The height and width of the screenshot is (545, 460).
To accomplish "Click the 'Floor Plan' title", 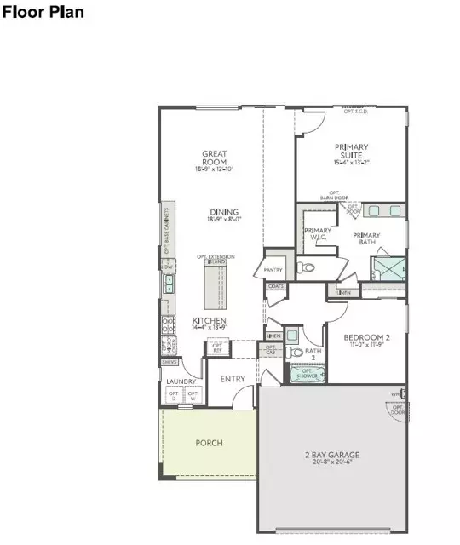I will click(45, 14).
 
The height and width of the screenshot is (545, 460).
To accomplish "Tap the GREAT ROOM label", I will click(214, 159).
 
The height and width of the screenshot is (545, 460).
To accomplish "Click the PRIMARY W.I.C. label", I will click(318, 235).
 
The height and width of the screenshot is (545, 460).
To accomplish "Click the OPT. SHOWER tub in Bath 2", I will click(303, 372).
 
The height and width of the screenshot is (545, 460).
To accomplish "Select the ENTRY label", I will click(233, 378).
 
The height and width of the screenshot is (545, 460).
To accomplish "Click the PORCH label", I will click(209, 443).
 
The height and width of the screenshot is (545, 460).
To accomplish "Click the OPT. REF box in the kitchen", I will click(218, 347).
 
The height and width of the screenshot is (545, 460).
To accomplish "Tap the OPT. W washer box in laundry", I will click(193, 395).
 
